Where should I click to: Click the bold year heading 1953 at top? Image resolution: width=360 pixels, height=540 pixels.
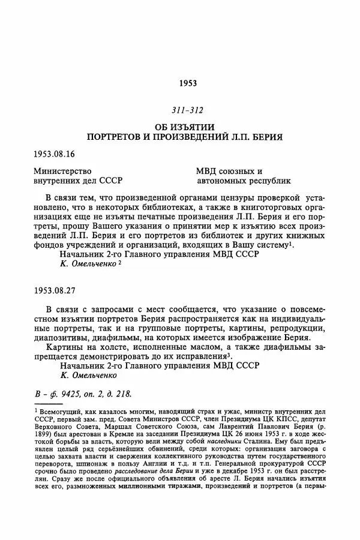click(x=188, y=83)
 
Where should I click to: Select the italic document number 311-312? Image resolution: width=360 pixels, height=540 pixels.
click(x=188, y=110)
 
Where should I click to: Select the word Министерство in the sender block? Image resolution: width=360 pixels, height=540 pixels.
click(x=62, y=171)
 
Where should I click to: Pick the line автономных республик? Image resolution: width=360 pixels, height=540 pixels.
click(x=244, y=181)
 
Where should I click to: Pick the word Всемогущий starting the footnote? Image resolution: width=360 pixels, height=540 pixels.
click(x=62, y=412)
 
